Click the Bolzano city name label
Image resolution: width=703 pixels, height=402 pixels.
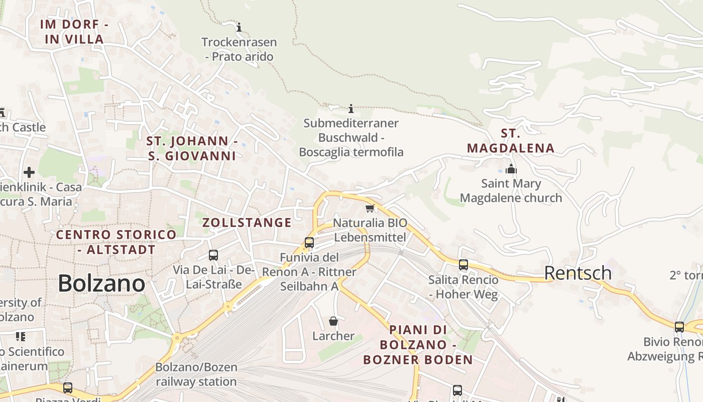tap(101, 283)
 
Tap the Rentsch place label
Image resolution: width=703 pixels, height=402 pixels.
tap(578, 273)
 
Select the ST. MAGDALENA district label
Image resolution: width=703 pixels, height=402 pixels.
tap(511, 141)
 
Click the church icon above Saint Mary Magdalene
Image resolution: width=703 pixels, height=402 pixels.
tap(511, 169)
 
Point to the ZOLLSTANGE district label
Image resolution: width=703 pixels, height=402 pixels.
tap(247, 223)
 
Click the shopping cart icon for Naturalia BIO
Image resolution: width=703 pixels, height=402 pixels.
tap(370, 208)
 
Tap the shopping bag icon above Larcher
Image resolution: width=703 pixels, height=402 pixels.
tap(333, 321)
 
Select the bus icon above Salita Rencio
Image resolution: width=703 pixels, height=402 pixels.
tap(463, 264)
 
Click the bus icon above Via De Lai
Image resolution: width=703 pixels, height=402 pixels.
tap(213, 255)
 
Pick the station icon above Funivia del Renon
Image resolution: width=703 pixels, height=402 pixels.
tap(309, 243)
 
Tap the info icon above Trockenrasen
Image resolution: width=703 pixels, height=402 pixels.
tap(239, 27)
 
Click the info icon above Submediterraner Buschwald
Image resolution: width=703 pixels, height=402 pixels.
tap(351, 109)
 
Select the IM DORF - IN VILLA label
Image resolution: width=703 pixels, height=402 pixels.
tap(75, 32)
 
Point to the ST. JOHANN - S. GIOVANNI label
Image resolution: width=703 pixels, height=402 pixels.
tap(192, 148)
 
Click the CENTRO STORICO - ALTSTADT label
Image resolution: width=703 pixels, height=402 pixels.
tap(116, 242)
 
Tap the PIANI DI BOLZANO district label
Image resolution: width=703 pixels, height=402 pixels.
tap(418, 345)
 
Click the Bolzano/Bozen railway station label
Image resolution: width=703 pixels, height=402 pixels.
tap(196, 374)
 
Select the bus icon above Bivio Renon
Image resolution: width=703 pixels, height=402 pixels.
tap(679, 327)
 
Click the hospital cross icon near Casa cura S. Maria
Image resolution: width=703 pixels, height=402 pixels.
tap(29, 172)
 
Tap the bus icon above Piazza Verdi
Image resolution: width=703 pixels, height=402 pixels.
tap(68, 388)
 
